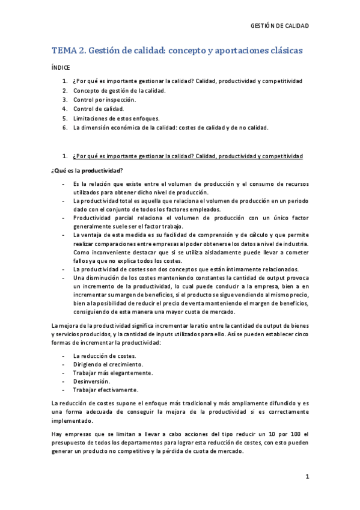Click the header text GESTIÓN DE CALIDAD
[x=279, y=26]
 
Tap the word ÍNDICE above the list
[x=61, y=69]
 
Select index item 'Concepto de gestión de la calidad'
[x=119, y=90]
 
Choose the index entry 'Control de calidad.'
[x=99, y=109]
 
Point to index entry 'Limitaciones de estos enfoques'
[x=117, y=118]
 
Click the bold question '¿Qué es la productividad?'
[x=87, y=170]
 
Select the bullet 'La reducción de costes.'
[x=104, y=355]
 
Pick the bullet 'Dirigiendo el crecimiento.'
[x=108, y=364]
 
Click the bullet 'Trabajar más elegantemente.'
[x=112, y=373]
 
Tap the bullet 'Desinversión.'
[x=91, y=381]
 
